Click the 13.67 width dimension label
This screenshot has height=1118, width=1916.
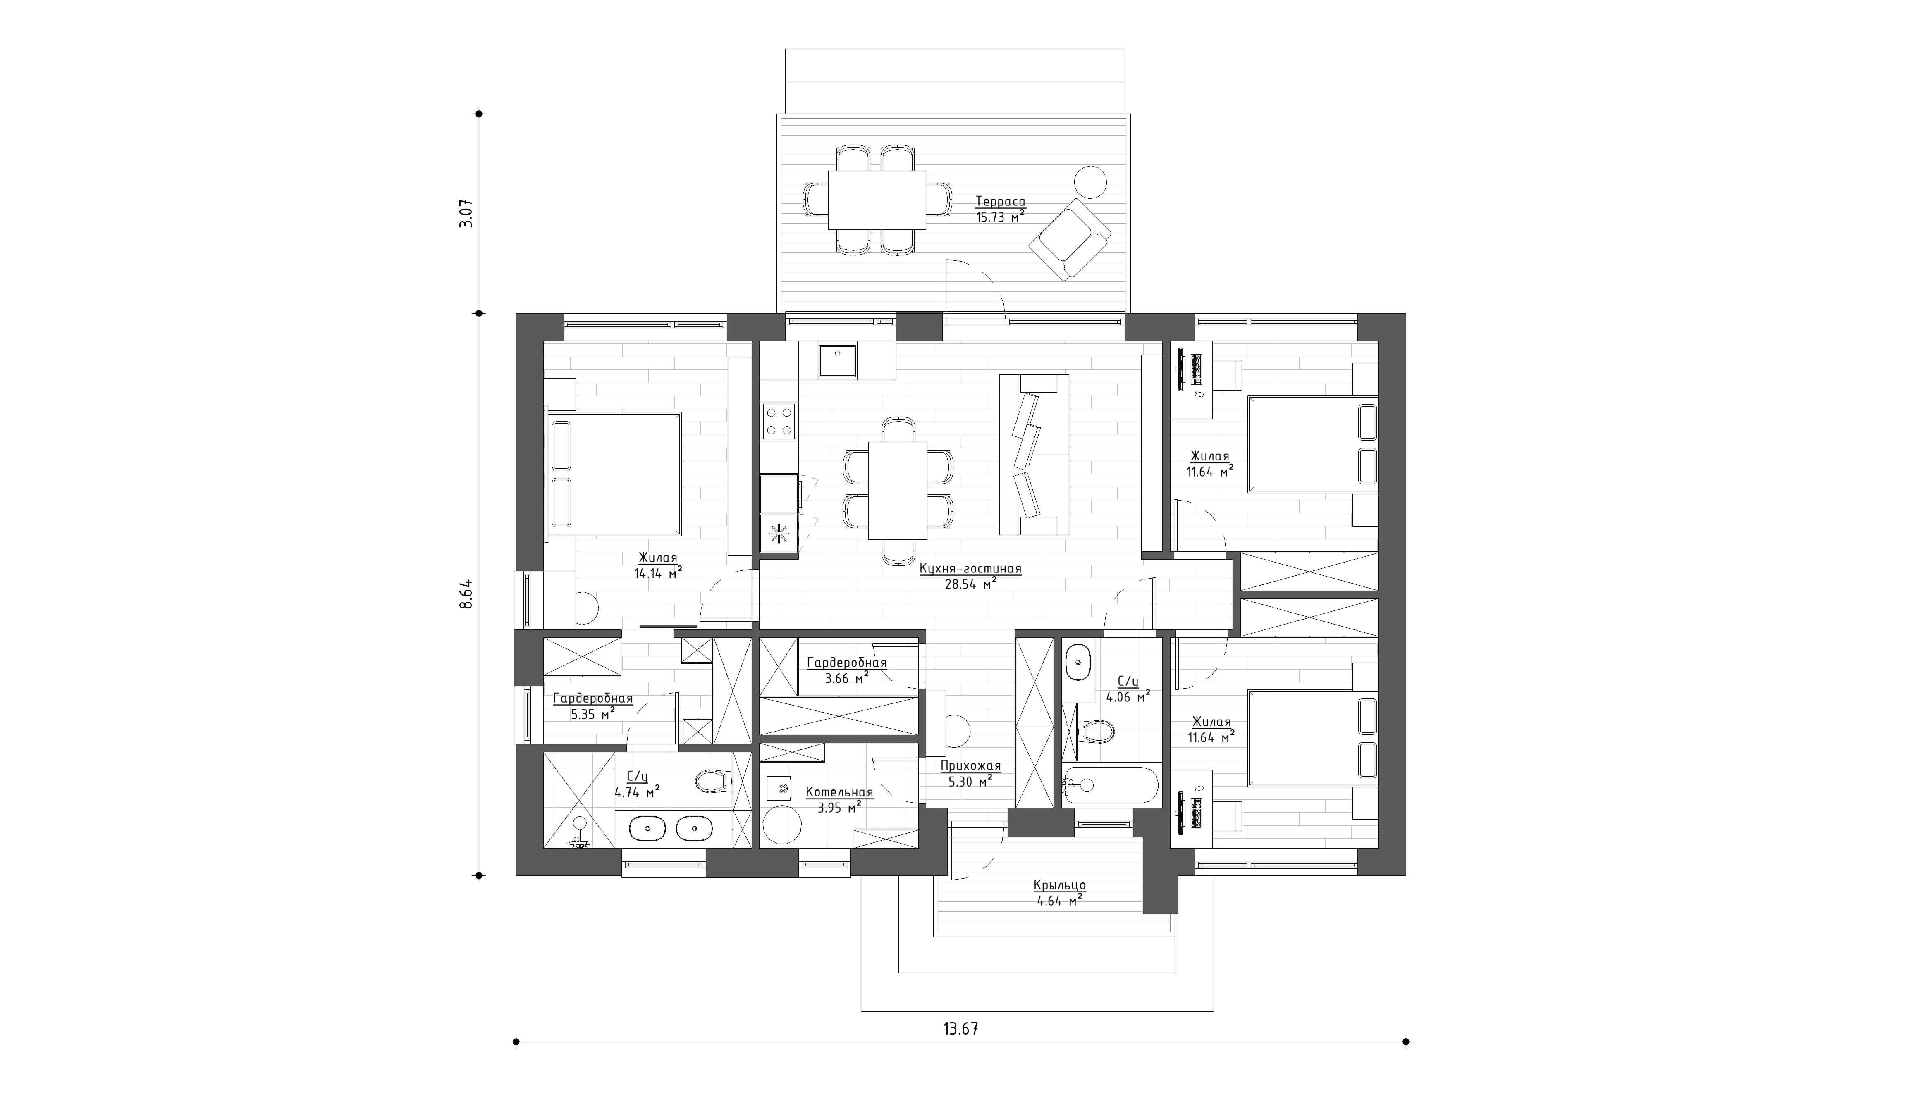point(960,1029)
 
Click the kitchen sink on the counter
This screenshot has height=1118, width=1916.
point(837,361)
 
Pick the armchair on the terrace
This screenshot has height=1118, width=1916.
point(1069,238)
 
